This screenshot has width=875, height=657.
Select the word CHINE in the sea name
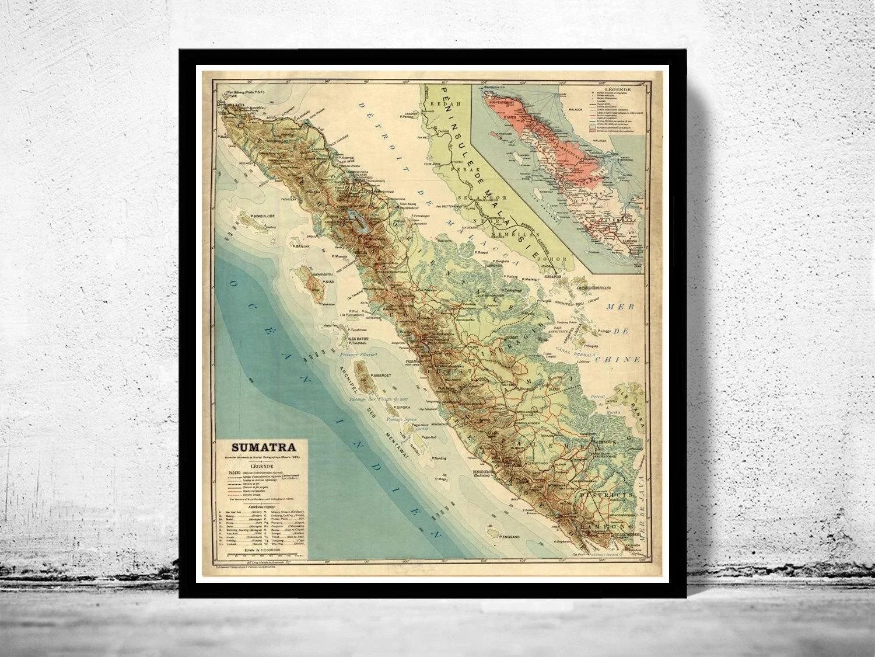pyautogui.click(x=624, y=360)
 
